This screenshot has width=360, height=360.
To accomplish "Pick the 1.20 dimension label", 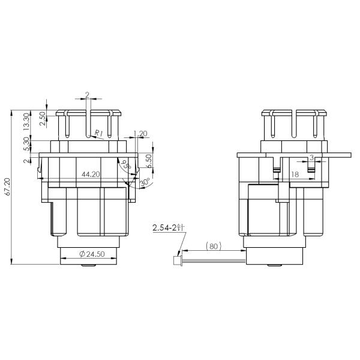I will click(x=140, y=133).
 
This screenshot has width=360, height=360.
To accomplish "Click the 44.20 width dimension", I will click(x=91, y=174).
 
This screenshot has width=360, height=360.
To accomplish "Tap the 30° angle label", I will click(x=144, y=181).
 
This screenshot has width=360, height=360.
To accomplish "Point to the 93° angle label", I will click(x=125, y=166).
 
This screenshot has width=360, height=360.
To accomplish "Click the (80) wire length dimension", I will click(x=214, y=245).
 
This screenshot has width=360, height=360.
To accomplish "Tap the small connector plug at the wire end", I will click(x=176, y=260).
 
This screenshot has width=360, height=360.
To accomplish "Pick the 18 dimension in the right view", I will click(x=294, y=174).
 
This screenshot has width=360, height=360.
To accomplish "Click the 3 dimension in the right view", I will click(x=311, y=158).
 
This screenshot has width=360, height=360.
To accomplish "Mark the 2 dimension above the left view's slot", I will click(x=88, y=95).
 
